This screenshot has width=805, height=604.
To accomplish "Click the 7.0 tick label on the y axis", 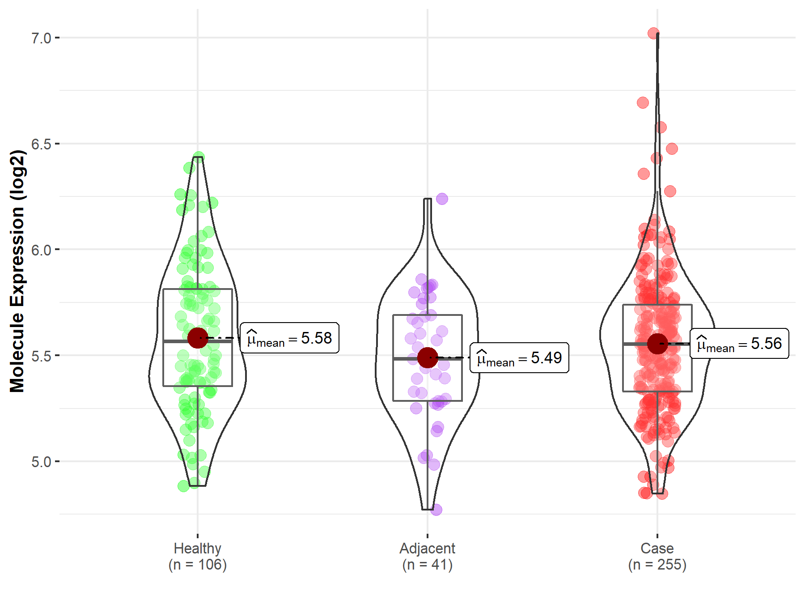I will [x=41, y=38].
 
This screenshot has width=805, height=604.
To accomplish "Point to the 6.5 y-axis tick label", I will [x=41, y=144].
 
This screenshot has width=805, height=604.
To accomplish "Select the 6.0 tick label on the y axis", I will [x=41, y=250].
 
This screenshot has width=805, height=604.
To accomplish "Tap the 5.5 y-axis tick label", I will [x=41, y=356].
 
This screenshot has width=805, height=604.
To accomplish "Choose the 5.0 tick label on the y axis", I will [x=41, y=462].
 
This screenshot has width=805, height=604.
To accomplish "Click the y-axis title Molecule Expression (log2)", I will [x=17, y=271].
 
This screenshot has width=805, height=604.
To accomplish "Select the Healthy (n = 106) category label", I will [x=198, y=556].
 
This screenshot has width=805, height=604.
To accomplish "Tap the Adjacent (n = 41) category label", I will [x=427, y=556].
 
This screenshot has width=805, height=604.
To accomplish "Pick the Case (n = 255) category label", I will [x=657, y=556].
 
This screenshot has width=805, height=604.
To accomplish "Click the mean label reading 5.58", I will [x=289, y=338].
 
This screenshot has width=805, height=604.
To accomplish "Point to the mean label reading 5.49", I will [x=519, y=358].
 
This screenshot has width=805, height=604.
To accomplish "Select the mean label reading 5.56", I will [x=739, y=344].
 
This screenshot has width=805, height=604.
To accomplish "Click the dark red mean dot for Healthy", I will [x=198, y=338].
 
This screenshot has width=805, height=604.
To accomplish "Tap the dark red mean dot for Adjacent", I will [x=428, y=357].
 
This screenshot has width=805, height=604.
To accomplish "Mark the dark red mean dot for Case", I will [x=657, y=344].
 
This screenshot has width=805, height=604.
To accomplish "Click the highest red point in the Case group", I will [x=653, y=33].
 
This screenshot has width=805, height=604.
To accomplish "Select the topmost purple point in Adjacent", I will [x=442, y=199].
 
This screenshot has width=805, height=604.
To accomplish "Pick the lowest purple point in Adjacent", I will [x=436, y=510].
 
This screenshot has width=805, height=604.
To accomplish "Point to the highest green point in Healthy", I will [x=199, y=157].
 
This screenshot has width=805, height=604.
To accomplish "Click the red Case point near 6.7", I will [x=643, y=103].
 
